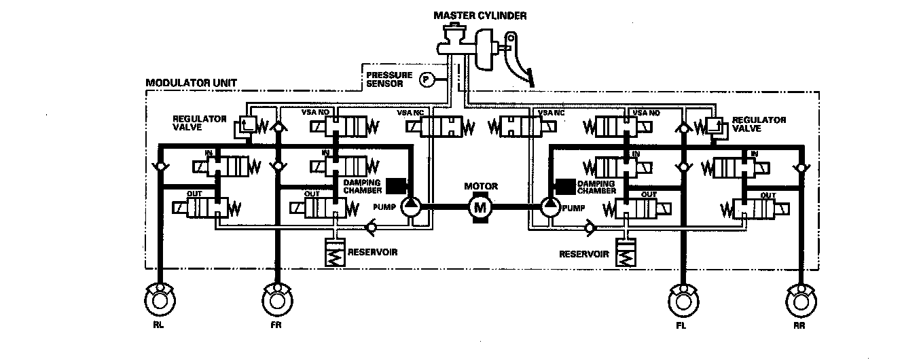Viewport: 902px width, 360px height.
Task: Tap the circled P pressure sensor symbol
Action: (x=427, y=79)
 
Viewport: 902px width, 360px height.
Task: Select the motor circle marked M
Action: (x=480, y=206)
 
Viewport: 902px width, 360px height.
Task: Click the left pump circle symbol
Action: (x=411, y=206)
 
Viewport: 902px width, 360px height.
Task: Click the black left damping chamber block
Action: (x=395, y=185)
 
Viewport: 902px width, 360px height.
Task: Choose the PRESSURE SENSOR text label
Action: (x=384, y=80)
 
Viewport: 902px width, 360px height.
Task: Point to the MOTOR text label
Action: (x=480, y=186)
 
